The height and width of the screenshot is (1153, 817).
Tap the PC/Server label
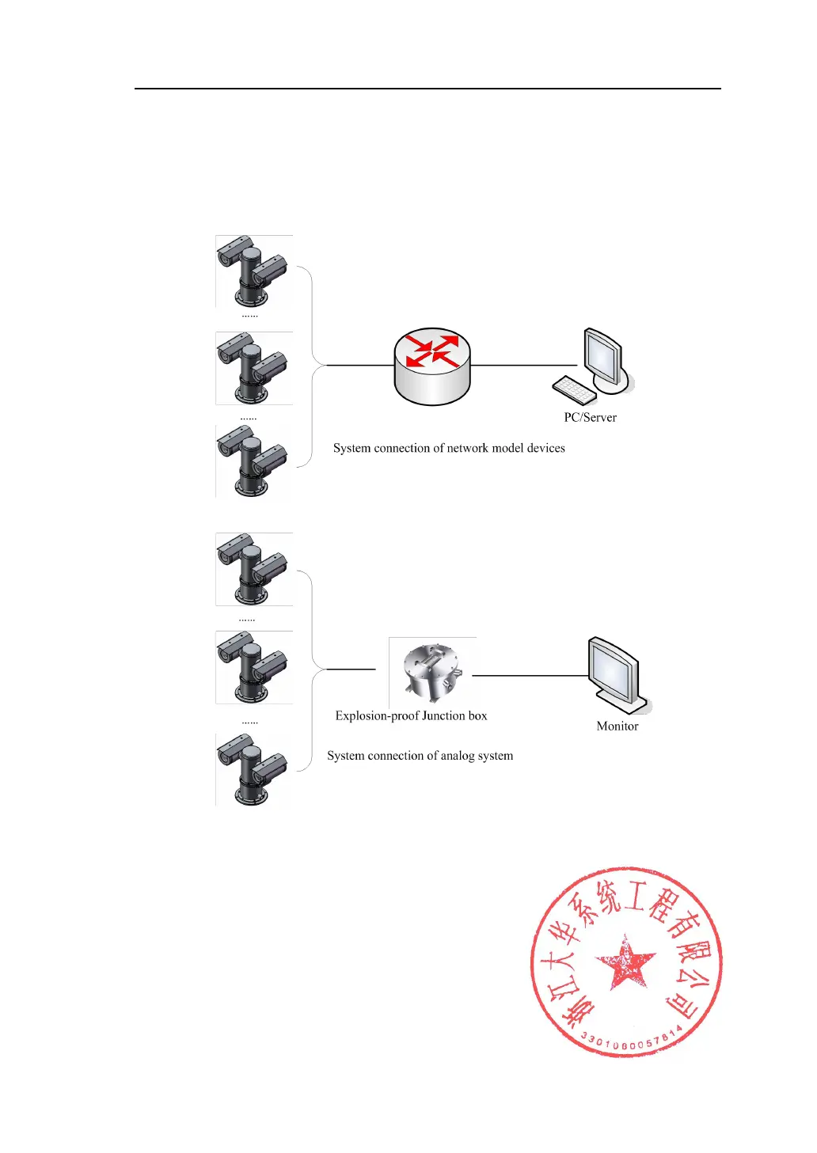[x=590, y=418]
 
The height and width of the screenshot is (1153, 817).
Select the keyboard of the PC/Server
[x=575, y=389]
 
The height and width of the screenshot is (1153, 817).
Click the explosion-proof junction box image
[x=431, y=671]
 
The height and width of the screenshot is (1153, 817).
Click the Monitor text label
[x=617, y=726]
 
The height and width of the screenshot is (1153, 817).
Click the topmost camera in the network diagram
[x=253, y=271]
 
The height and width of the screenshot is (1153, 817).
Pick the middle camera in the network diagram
[x=253, y=368]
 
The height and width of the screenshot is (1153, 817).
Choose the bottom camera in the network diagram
[x=253, y=461]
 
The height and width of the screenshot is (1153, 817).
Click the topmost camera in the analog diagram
[x=253, y=569]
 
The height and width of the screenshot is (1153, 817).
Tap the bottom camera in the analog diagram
[x=253, y=770]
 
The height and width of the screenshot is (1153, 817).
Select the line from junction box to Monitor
[x=530, y=676]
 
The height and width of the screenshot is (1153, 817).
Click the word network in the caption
[x=468, y=449]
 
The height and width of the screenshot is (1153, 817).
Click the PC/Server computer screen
[x=602, y=357]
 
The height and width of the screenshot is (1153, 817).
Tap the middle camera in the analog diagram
[x=253, y=667]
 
